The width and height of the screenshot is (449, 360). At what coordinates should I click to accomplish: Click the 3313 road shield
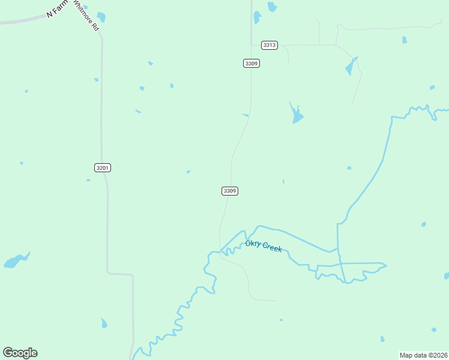(270, 45)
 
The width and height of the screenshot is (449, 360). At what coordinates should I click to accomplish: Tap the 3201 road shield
(103, 167)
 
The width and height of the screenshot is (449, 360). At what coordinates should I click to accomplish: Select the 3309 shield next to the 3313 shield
(252, 63)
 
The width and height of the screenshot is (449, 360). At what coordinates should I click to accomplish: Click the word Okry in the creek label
(253, 244)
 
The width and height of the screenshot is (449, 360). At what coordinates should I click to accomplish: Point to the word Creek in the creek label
(272, 247)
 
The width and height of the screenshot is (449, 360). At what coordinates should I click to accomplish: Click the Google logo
(20, 353)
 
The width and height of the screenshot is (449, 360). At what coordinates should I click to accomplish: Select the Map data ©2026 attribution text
(423, 355)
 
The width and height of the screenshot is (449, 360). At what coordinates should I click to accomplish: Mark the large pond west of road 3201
(15, 261)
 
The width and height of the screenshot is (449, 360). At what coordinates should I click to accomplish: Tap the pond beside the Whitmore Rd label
(101, 17)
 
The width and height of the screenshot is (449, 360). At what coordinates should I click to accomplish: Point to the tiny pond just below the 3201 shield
(88, 180)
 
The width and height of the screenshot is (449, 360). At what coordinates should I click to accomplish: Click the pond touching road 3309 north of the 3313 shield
(257, 17)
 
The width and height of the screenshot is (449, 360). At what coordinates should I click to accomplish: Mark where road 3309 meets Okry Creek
(221, 250)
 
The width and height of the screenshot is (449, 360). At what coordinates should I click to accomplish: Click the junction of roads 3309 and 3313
(252, 45)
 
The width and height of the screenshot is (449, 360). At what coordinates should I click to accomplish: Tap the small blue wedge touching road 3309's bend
(245, 115)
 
